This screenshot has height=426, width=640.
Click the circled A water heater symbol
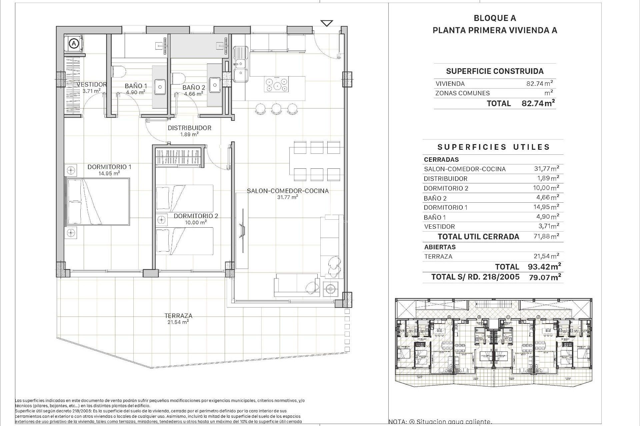point(74,43)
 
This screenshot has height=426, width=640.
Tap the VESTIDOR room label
point(92,85)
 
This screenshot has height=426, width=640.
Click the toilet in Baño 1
point(119,71)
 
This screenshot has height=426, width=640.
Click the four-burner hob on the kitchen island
point(277,85)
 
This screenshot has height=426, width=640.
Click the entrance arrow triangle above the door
point(327,23)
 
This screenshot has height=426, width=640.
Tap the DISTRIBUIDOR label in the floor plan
point(189,128)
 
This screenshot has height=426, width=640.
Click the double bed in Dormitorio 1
point(98,202)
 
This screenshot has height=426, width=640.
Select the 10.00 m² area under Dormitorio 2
point(195,222)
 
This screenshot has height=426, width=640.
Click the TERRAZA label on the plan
point(178,316)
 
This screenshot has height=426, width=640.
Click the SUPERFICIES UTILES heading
point(493,147)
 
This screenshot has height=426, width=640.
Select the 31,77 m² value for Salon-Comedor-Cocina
point(546,169)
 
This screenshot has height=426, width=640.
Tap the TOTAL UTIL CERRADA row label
point(478,237)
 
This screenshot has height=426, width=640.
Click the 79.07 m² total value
point(545,277)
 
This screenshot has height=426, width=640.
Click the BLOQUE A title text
point(495,18)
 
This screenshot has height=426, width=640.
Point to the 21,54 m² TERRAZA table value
point(546,256)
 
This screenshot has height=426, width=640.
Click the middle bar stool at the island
point(276,108)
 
